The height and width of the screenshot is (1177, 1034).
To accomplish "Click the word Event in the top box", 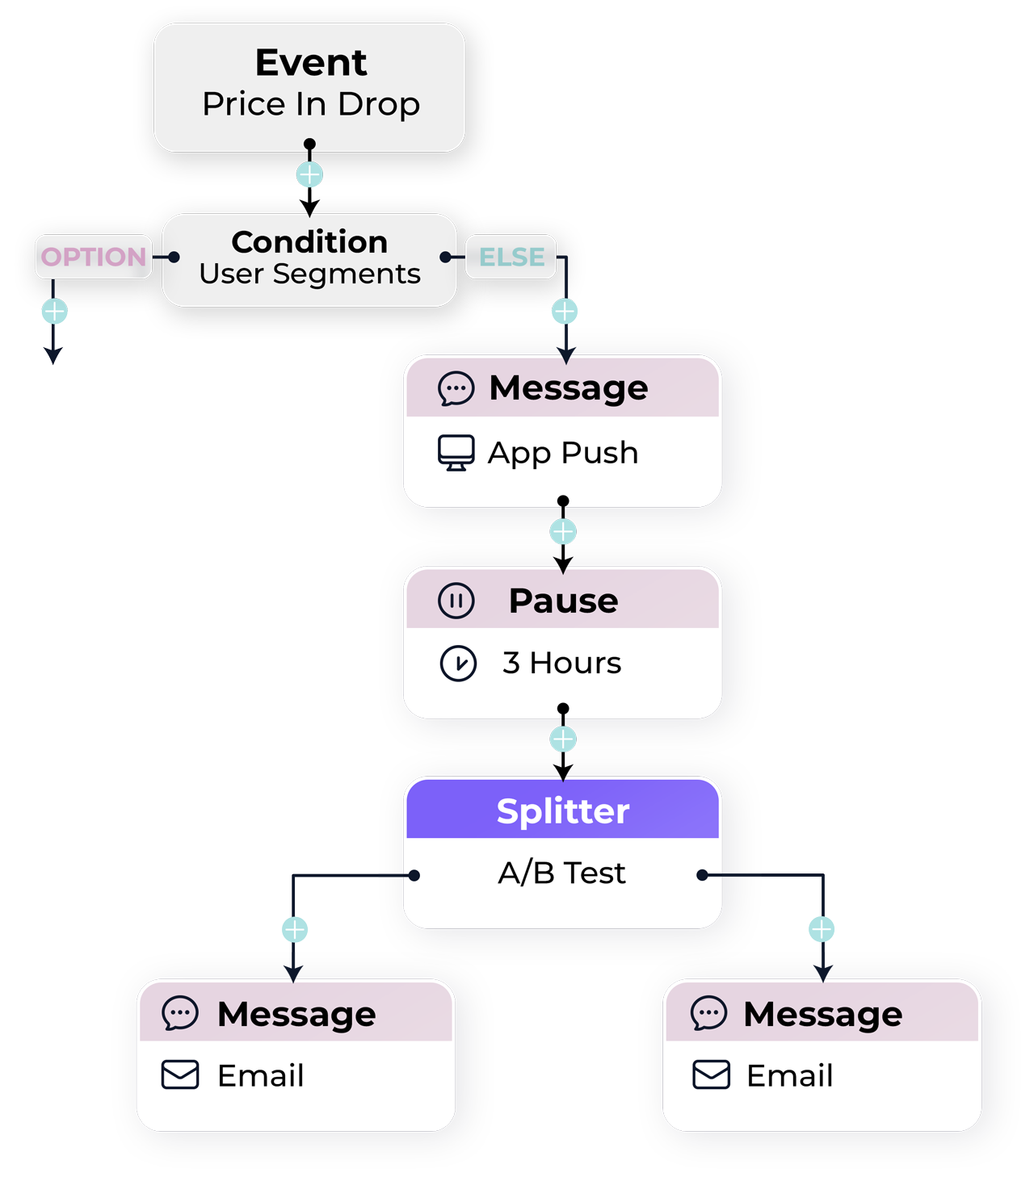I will pos(311,63).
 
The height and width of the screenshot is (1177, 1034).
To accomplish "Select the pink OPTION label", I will pos(94,257).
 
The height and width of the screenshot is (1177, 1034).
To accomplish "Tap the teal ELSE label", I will pos(511,257).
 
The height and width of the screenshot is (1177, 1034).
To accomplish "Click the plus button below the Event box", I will pos(309,174).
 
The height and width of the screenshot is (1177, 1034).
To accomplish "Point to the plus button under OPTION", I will pos(54,311).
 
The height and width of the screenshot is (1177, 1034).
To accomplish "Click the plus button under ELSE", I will pos(565,311).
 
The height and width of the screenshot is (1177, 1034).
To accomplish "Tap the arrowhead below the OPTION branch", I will pos(53,356).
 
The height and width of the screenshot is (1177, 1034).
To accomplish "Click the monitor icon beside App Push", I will pos(456,452).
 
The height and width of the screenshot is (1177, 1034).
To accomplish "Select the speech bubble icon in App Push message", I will pos(456,388).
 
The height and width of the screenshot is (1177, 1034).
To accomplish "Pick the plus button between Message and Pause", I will pos(563,531).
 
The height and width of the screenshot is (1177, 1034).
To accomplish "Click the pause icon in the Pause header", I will pos(456,601).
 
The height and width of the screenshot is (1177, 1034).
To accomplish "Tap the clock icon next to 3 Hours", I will pos(458,664).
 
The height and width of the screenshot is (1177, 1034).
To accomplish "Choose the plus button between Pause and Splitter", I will pos(563,739).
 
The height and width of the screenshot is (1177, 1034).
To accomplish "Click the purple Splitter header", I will pos(562,810).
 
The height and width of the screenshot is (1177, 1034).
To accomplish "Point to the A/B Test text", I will pos(561,873).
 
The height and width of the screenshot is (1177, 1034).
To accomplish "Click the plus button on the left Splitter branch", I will pos(295,929).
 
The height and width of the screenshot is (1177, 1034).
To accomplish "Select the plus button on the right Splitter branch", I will pos(822,929).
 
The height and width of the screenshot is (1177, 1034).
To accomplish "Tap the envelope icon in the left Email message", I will pos(180,1075).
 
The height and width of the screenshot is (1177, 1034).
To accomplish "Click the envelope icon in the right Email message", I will pos(711,1075).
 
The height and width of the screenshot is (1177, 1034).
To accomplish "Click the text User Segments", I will pos(309,274).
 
